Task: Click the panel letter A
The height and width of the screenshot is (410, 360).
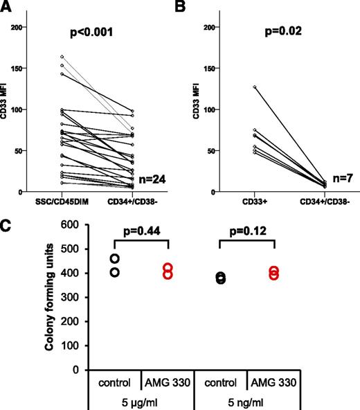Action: (x=6, y=6)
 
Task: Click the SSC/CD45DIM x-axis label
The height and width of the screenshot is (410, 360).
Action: (x=62, y=202)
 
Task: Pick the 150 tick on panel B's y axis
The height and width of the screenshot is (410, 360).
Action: (x=206, y=68)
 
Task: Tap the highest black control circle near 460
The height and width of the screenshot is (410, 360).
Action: (x=114, y=258)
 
